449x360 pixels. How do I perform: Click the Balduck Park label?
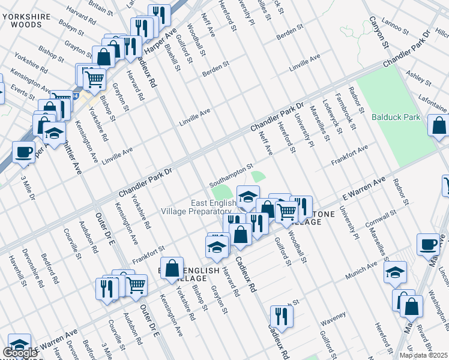(396, 117)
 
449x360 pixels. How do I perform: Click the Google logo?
(20, 353)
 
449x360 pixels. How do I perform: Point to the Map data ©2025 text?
(424, 355)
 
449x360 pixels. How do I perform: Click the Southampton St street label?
(232, 176)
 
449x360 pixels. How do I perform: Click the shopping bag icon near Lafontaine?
(438, 126)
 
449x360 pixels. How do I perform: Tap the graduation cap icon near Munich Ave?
(396, 272)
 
